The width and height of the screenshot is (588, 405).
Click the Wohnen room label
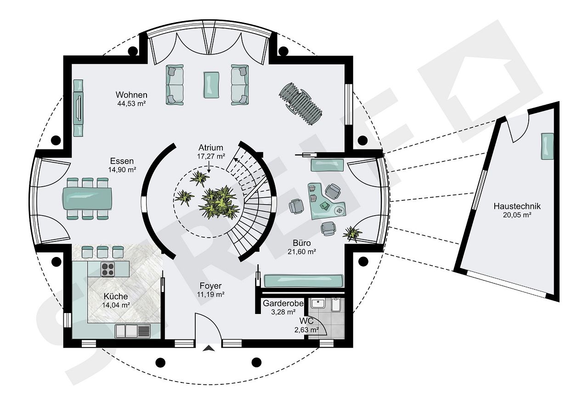click(131, 95)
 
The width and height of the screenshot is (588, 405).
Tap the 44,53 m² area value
click(131, 103)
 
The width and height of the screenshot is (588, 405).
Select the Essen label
click(122, 161)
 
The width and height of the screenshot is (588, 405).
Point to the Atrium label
click(211, 148)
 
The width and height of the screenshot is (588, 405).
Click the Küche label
click(116, 297)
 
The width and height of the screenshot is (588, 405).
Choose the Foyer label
click(210, 285)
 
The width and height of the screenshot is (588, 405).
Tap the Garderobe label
click(283, 303)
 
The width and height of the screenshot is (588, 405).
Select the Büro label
click(302, 242)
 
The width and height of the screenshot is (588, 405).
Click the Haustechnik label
click(517, 206)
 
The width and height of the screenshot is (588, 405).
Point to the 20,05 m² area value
click(517, 215)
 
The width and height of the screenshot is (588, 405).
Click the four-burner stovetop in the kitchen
click(107, 269)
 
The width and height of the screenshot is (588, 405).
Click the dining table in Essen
click(87, 198)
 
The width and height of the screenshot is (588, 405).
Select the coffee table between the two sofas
click(211, 85)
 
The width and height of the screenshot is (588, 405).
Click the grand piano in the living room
click(300, 104)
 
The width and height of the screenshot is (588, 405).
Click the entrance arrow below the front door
click(209, 348)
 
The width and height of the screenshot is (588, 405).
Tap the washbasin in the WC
click(318, 303)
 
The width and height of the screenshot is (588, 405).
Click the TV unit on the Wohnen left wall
click(78, 108)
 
